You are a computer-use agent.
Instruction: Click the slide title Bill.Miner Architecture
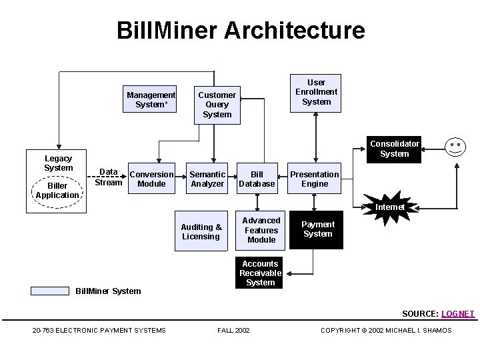[240, 31]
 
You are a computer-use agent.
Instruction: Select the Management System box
[151, 99]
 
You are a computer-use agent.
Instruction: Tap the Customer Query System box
[217, 105]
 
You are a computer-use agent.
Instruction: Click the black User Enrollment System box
[316, 93]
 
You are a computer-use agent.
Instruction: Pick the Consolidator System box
[395, 149]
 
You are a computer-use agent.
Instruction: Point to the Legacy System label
[58, 163]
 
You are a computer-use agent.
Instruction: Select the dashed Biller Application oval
[57, 191]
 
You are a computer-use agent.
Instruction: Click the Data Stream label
[109, 177]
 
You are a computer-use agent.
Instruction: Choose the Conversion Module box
[151, 179]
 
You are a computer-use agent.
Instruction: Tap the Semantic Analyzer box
[207, 179]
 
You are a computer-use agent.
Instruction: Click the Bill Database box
[257, 179]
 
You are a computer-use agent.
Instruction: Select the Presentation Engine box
[315, 179]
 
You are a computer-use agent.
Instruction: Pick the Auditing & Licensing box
[201, 232]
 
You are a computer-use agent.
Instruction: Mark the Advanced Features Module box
[261, 230]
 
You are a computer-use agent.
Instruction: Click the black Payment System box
[317, 230]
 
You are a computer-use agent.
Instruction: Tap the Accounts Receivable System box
[260, 273]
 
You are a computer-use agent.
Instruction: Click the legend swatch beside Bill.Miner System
[50, 291]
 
